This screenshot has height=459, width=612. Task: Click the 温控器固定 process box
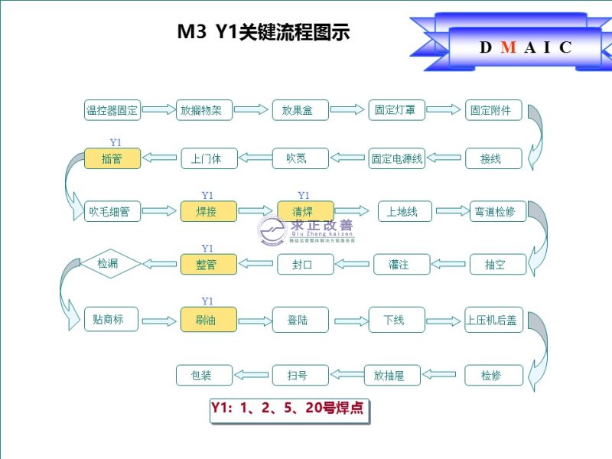(112, 110)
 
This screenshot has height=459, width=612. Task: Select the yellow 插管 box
(112, 159)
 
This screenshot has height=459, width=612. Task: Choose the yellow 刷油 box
(208, 320)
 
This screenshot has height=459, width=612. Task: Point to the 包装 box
(204, 375)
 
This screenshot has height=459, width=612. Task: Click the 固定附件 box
(493, 110)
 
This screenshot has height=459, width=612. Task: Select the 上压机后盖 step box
(493, 320)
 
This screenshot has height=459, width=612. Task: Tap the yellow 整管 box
(208, 265)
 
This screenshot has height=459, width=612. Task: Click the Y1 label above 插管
(116, 142)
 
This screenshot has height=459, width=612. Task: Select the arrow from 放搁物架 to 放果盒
(252, 110)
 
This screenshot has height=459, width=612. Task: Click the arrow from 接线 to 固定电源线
(444, 158)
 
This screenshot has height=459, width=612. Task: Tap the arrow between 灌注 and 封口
(353, 265)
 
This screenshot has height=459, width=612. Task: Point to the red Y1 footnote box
(289, 409)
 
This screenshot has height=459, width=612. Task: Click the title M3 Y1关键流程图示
(263, 32)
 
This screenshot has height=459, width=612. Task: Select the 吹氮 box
(301, 159)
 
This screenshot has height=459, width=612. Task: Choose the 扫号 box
(301, 375)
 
